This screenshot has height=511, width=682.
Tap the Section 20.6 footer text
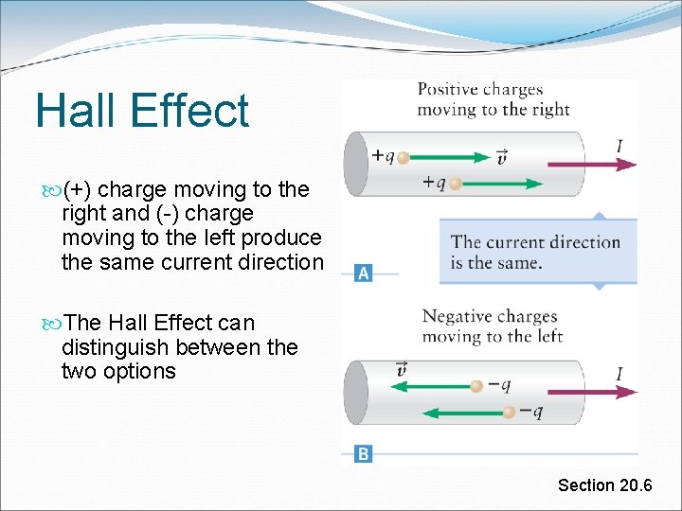[x=604, y=485]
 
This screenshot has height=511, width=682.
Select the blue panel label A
[x=363, y=273]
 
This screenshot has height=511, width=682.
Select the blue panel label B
[x=363, y=454]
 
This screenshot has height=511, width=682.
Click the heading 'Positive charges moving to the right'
[x=493, y=99]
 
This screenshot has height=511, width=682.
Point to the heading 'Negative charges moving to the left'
[x=492, y=326]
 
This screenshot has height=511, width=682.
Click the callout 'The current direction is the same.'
[x=535, y=252]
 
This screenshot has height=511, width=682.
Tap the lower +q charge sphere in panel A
[x=456, y=184]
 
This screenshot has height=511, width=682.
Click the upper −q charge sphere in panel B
[x=477, y=385]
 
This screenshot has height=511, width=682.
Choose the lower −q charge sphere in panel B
[x=510, y=412]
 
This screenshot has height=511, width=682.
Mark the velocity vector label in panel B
[x=403, y=368]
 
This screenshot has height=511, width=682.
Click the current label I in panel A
[x=619, y=146]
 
